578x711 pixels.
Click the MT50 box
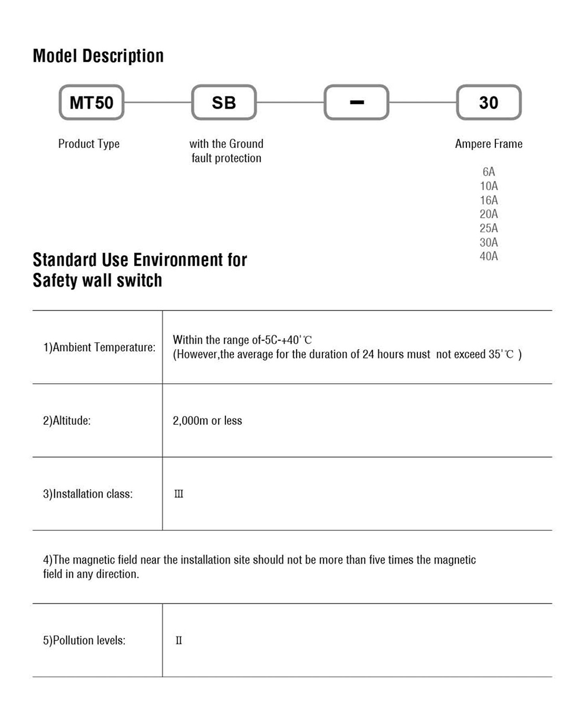(91, 103)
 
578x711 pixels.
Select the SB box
(224, 103)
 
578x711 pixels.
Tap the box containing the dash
(357, 103)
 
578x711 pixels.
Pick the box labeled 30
(488, 103)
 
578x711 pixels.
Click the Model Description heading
(98, 56)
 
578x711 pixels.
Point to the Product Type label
(89, 144)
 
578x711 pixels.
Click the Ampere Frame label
(488, 144)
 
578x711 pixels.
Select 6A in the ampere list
(488, 172)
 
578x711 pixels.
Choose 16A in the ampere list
(488, 201)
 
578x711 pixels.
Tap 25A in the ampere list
(488, 228)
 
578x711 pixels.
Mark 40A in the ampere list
(488, 256)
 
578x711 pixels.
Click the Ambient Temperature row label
(99, 347)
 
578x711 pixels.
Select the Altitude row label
(67, 421)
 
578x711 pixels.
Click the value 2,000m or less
(208, 421)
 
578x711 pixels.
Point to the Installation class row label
(88, 494)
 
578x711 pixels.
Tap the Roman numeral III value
(179, 494)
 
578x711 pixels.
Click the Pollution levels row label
(84, 640)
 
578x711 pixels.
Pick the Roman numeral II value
(179, 640)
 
